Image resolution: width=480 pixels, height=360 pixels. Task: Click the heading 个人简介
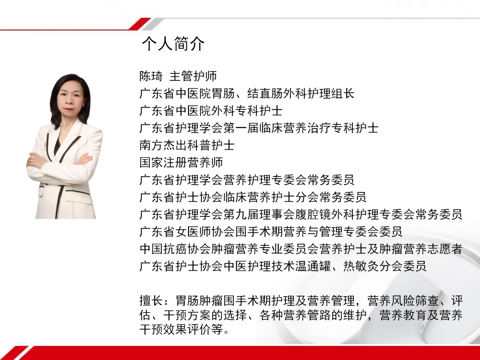tap(173, 44)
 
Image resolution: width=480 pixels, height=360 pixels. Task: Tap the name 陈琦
tap(151, 76)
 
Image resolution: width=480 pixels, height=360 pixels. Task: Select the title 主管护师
tap(193, 76)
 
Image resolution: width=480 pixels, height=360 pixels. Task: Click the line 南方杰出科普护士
tap(187, 145)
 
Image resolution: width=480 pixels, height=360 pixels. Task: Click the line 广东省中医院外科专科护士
tap(211, 111)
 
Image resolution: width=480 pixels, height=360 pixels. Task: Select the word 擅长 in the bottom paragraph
tap(151, 301)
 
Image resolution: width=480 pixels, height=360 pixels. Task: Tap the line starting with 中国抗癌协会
tap(301, 249)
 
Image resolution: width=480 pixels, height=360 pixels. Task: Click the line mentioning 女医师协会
tap(271, 232)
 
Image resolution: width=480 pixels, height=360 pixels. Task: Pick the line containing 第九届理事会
tap(301, 214)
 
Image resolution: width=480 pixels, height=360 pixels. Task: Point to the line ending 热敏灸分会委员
tap(283, 266)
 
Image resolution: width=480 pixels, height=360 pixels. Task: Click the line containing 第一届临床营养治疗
tap(259, 128)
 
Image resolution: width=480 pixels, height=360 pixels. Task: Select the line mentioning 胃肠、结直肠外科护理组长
tap(247, 94)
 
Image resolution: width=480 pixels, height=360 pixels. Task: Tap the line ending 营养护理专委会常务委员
tap(247, 180)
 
